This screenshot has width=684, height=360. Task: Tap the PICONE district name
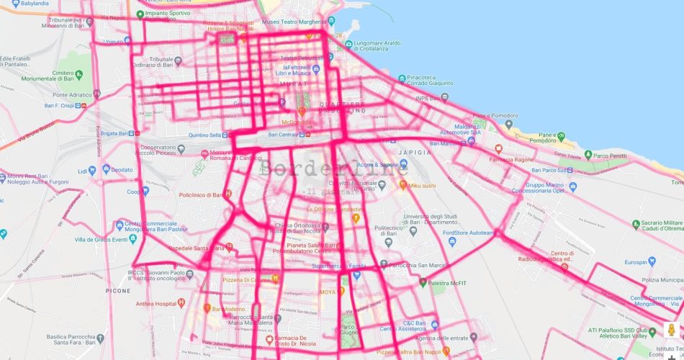(x=118, y=291)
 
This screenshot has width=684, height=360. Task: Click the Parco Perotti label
(x=610, y=154)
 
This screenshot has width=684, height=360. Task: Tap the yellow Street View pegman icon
(x=670, y=331)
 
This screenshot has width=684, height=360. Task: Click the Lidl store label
(x=82, y=171)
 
